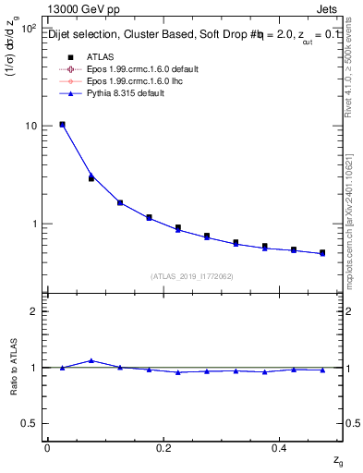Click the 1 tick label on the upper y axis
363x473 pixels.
32,224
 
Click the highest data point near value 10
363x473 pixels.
62,124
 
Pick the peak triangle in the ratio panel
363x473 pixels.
91,360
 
